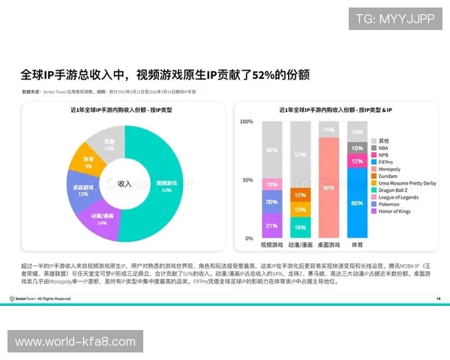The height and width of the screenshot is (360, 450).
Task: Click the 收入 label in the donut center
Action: [x=124, y=184]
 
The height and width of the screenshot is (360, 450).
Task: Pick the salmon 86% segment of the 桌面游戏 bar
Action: [x=328, y=187]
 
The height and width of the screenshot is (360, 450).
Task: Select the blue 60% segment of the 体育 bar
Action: [x=357, y=202]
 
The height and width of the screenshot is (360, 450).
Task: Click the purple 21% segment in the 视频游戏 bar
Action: [x=271, y=225]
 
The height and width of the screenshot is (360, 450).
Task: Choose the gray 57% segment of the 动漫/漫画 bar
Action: [x=299, y=154]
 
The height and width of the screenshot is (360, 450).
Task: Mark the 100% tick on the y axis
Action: [x=246, y=121]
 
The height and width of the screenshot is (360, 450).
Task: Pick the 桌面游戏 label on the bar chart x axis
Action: [x=328, y=244]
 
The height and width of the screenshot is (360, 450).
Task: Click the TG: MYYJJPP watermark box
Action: [x=394, y=18]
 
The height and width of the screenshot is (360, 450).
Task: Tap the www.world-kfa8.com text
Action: [x=74, y=342]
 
